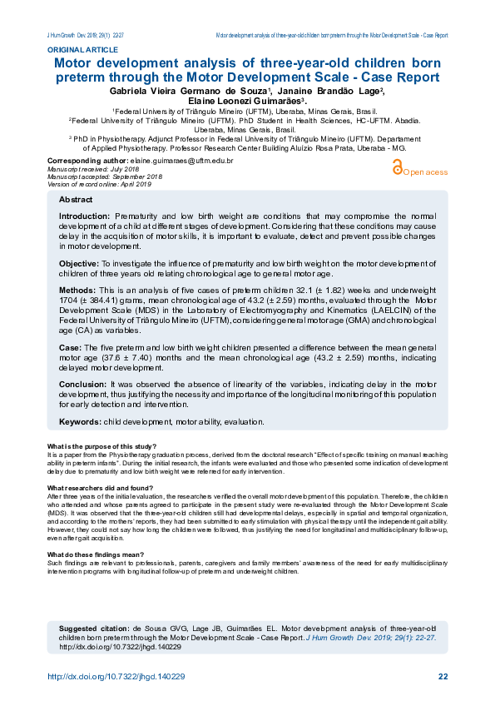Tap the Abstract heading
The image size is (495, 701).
(76, 201)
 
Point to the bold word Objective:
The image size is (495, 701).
(79, 263)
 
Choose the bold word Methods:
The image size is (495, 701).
(79, 292)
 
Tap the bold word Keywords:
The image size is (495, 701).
(80, 422)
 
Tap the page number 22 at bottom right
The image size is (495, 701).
(443, 675)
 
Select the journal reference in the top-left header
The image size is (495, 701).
(86, 36)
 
